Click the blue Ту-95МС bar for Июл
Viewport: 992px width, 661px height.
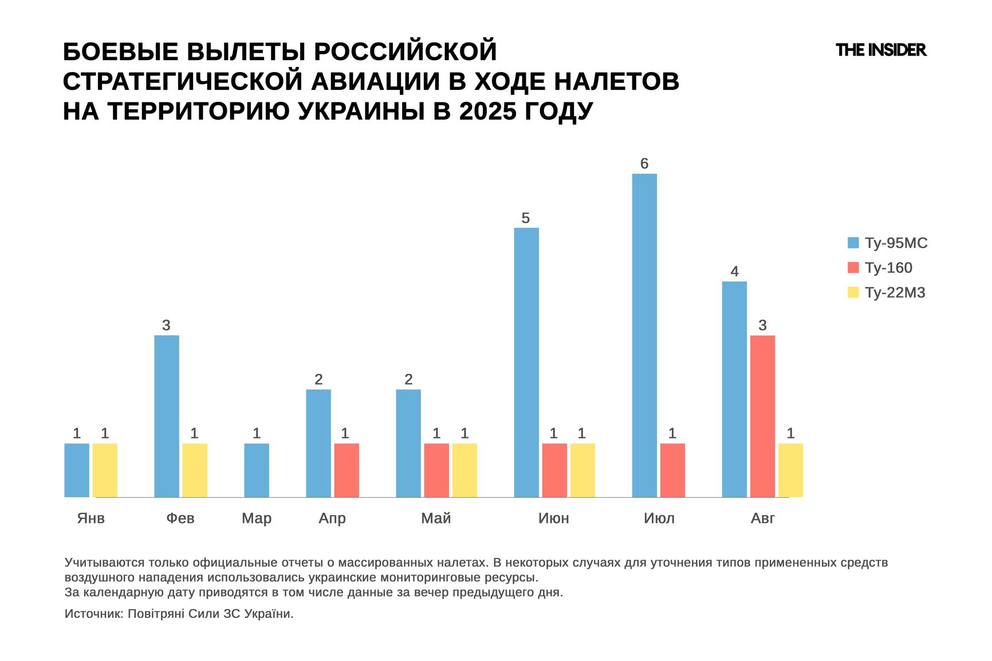click(x=644, y=335)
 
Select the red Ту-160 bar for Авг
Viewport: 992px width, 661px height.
click(x=762, y=416)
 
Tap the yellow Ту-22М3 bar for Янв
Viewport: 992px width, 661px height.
click(x=105, y=470)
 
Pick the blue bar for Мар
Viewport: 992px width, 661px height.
click(x=257, y=470)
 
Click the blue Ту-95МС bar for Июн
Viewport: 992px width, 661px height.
click(x=526, y=362)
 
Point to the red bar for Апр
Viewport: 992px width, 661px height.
click(x=347, y=470)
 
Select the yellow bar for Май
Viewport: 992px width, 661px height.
click(x=464, y=470)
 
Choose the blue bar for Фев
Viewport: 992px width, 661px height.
click(x=167, y=416)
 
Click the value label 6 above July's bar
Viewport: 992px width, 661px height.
click(x=644, y=164)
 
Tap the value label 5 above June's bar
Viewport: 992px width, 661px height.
click(x=526, y=218)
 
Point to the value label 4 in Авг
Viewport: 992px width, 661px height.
click(x=734, y=271)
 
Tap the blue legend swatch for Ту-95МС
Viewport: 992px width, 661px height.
click(x=853, y=243)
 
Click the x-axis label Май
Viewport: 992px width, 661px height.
click(x=436, y=518)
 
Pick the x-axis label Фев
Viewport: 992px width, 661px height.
click(x=180, y=518)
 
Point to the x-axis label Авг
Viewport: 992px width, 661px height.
click(x=762, y=518)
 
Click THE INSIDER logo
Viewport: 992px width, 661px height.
click(x=881, y=50)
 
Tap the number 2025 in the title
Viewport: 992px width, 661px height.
click(x=487, y=111)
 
